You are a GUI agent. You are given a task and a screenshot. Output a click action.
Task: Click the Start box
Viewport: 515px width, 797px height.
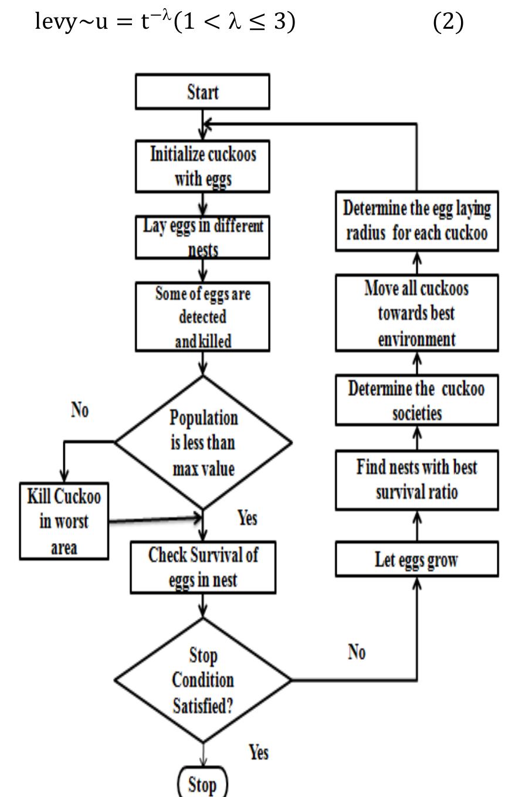point(202,92)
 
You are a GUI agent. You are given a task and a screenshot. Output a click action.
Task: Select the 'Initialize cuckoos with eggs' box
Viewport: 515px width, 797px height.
point(202,166)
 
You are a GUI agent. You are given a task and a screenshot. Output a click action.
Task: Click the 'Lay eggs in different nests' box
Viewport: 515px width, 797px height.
point(202,237)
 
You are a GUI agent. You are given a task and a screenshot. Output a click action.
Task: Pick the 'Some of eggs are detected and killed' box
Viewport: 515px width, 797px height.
point(202,317)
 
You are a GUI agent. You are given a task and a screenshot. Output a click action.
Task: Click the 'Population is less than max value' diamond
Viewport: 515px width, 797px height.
point(203,443)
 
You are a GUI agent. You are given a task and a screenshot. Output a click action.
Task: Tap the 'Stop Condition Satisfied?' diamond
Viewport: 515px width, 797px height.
point(202,680)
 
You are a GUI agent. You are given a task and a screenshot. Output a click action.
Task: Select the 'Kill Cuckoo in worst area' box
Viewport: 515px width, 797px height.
point(64,521)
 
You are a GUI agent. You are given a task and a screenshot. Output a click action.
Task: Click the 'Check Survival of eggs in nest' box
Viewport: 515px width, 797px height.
point(203,567)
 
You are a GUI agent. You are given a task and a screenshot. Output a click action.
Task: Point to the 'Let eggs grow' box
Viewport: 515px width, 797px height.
point(416,559)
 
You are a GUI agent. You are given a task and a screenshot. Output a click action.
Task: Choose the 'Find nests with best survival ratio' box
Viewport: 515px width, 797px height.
point(416,480)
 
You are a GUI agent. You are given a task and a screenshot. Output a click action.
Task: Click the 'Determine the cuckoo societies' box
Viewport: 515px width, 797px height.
point(416,400)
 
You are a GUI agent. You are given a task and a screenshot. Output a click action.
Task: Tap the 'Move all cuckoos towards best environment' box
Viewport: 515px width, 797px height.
point(416,313)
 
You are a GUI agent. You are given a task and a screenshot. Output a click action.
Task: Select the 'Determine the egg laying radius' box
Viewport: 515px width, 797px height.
point(416,221)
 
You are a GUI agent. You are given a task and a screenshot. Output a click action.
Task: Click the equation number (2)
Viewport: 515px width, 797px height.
point(448,22)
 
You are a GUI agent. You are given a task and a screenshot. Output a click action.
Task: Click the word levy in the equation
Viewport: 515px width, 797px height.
point(55,22)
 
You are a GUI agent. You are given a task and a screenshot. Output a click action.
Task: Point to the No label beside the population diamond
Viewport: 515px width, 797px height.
point(80,410)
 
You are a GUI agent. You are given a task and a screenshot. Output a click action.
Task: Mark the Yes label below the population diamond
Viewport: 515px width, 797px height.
point(247,518)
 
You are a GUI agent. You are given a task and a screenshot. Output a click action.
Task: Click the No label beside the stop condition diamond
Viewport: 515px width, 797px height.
point(357,652)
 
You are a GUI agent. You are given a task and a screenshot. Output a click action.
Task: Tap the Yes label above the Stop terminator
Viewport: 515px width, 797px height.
point(258,752)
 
